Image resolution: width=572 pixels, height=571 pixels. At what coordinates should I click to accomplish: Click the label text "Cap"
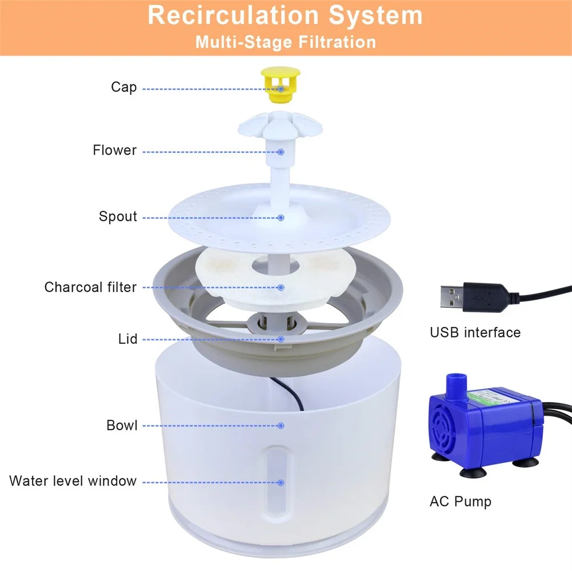point(124,87)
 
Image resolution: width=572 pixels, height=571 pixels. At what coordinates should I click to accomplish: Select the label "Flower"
point(115,150)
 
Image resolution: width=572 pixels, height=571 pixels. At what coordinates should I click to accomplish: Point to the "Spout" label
point(118,216)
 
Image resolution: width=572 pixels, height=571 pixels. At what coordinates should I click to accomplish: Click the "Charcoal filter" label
point(90,287)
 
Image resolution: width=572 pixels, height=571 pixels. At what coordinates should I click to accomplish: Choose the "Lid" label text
point(127,339)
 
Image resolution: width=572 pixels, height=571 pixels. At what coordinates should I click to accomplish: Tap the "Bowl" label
point(122,425)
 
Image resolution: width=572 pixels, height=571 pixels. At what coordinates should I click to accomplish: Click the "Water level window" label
point(73,481)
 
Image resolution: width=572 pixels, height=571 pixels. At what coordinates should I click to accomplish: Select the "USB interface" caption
point(475,332)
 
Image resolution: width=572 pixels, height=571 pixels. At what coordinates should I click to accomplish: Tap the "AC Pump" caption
point(460,502)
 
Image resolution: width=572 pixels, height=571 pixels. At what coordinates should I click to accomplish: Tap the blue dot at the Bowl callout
point(281,425)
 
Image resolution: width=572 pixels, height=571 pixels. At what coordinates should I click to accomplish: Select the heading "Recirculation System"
point(285,15)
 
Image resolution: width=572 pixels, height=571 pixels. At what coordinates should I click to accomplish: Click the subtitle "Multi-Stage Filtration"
point(285,42)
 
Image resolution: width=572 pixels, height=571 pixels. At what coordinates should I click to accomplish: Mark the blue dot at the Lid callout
point(281,339)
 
